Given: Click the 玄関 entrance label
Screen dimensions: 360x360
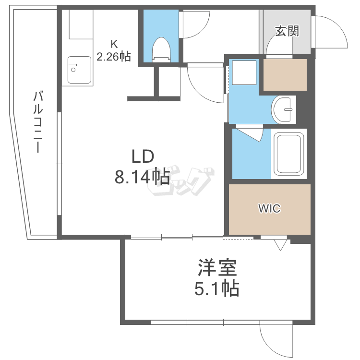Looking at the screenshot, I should click(287, 31).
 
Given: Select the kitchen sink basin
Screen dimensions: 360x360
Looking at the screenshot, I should click(79, 70).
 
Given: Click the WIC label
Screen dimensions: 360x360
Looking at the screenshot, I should click(269, 209).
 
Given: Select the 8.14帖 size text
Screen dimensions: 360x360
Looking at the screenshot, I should click(142, 177).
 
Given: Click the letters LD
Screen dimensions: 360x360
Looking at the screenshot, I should click(143, 156).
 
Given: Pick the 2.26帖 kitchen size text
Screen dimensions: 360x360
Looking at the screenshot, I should click(113, 57).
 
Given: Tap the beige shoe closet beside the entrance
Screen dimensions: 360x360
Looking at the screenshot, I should click(285, 74).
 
